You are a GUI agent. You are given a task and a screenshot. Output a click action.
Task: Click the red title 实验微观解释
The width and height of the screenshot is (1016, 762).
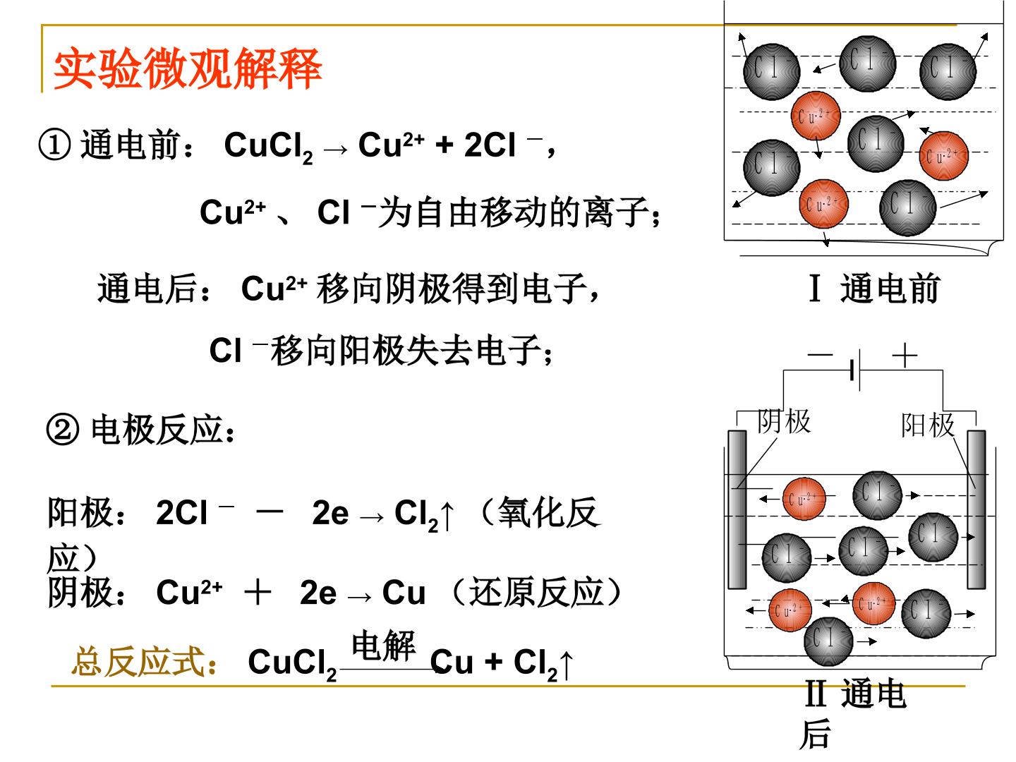pyautogui.click(x=188, y=68)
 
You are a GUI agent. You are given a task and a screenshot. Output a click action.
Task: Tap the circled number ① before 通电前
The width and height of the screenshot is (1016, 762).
pyautogui.click(x=54, y=145)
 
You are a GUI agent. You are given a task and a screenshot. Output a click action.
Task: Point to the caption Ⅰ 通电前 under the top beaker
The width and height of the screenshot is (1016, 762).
pyautogui.click(x=874, y=289)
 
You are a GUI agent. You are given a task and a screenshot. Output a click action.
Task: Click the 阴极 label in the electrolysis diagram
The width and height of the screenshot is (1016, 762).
pyautogui.click(x=784, y=421)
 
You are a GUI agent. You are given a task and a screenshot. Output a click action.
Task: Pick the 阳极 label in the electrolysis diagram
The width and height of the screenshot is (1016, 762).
pyautogui.click(x=928, y=425)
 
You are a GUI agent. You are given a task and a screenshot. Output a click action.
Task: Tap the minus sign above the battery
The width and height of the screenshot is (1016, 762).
pyautogui.click(x=820, y=355)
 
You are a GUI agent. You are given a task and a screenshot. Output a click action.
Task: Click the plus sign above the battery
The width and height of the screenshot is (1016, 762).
pyautogui.click(x=905, y=356)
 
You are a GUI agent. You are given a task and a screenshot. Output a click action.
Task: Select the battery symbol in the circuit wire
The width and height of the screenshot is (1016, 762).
pyautogui.click(x=856, y=370)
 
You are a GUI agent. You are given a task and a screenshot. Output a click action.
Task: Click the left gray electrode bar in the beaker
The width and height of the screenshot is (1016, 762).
pyautogui.click(x=737, y=509)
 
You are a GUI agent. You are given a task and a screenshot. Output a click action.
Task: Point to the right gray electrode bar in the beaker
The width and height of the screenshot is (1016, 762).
pyautogui.click(x=976, y=509)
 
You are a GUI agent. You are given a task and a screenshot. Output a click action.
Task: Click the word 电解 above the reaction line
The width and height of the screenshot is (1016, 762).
pyautogui.click(x=383, y=646)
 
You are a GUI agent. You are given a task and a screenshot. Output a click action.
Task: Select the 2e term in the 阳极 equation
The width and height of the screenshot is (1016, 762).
pyautogui.click(x=330, y=513)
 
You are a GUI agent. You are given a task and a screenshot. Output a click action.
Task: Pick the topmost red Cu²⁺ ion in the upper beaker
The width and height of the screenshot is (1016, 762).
pyautogui.click(x=816, y=116)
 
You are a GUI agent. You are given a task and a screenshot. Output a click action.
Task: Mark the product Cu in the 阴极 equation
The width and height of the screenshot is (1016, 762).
pyautogui.click(x=404, y=593)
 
